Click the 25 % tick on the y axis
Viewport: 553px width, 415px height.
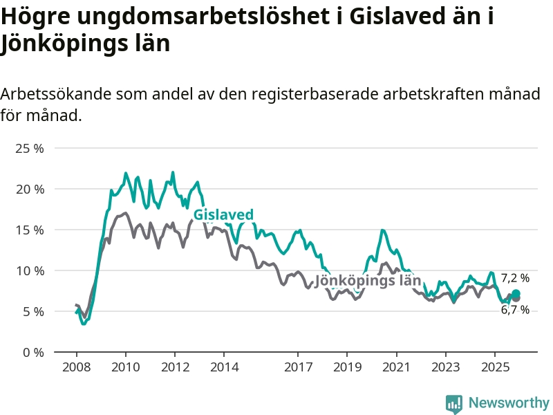point(30,149)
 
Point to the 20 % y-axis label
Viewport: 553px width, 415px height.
point(30,190)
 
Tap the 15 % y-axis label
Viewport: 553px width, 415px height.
point(30,230)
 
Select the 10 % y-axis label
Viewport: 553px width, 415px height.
point(30,271)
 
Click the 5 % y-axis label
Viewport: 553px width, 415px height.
point(33,312)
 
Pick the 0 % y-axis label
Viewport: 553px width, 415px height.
point(33,353)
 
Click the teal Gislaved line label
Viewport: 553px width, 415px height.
point(223,215)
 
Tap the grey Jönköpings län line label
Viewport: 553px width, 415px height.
point(368,281)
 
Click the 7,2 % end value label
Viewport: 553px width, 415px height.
point(515,278)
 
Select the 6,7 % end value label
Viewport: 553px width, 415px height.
point(515,310)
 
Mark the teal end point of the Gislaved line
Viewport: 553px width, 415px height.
point(516,294)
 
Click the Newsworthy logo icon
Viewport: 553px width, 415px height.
point(454,404)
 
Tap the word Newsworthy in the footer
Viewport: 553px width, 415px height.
point(509,403)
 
